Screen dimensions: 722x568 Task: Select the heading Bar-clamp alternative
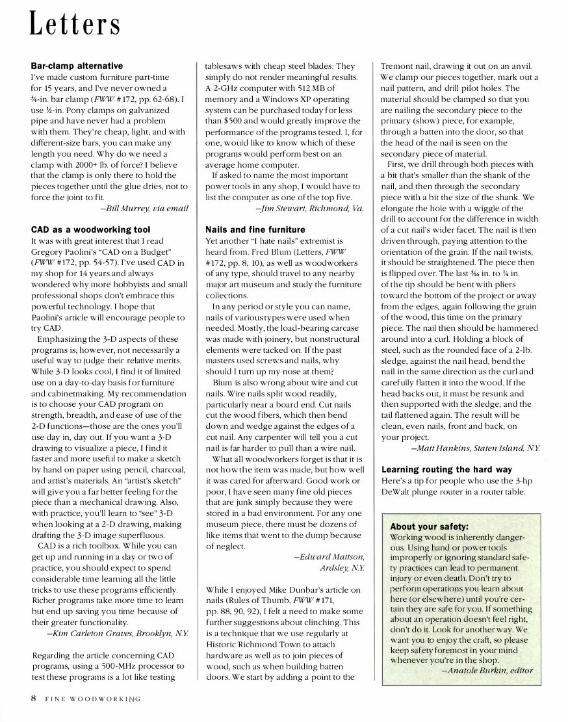click(77, 66)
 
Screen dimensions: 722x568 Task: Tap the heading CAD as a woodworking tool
click(90, 230)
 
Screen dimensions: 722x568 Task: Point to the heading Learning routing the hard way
click(446, 469)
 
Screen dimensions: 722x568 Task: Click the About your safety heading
click(430, 527)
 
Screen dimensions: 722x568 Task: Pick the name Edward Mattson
click(329, 557)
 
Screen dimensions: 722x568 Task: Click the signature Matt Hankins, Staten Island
click(475, 448)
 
